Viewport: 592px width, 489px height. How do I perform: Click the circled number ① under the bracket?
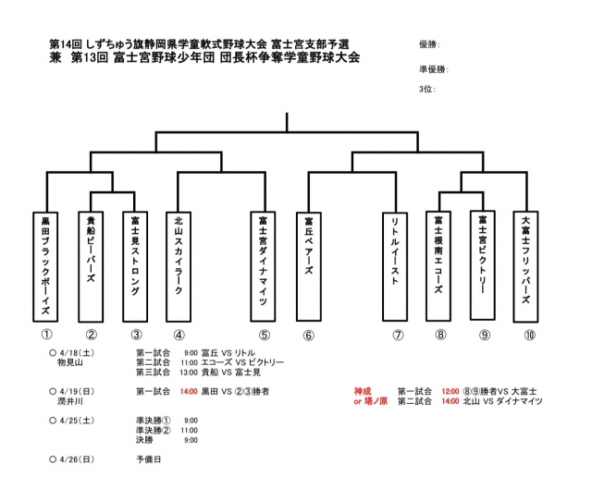coord(46,335)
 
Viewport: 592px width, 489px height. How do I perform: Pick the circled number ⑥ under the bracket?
coord(309,335)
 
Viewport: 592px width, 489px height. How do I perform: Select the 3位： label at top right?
coord(426,89)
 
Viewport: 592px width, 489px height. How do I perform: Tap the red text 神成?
coord(363,391)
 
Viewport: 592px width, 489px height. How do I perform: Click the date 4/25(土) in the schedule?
coord(76,420)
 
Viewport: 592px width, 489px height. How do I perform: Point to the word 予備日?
coord(148,458)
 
